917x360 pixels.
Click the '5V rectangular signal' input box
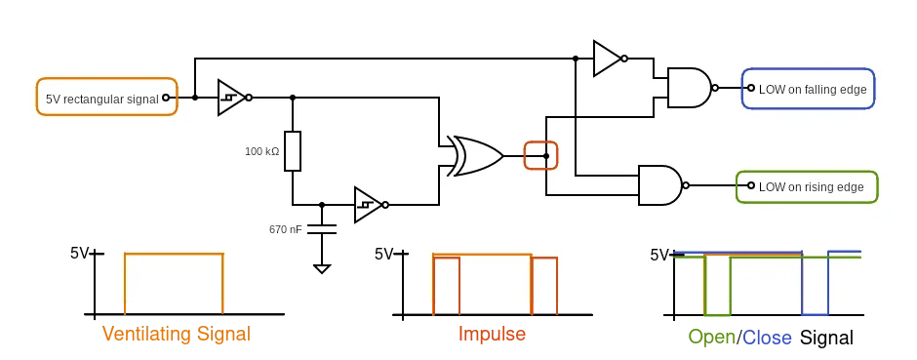106,98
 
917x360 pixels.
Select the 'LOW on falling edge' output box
808,89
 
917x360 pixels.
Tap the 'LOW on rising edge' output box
807,186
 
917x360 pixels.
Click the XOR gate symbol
474,156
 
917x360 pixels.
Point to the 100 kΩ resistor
293,151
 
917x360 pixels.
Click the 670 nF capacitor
321,229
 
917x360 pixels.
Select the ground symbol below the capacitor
321,267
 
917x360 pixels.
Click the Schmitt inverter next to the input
231,98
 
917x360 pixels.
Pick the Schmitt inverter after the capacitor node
368,205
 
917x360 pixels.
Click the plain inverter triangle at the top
607,59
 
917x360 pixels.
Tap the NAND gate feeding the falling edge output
689,88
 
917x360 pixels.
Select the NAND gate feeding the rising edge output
659,185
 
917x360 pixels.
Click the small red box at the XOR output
540,156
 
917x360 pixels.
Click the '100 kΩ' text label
261,151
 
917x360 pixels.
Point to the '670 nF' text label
285,229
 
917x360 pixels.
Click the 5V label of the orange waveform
79,254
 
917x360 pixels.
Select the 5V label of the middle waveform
383,255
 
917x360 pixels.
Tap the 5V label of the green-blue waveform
659,256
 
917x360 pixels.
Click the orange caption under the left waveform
176,334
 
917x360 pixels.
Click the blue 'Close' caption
768,339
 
